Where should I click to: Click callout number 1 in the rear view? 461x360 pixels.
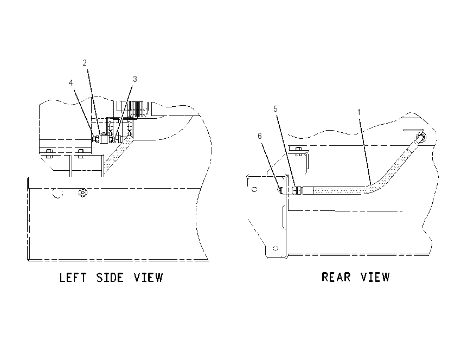tap(358, 112)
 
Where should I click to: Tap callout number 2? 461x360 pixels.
tap(85, 63)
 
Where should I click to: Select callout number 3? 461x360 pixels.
tap(135, 79)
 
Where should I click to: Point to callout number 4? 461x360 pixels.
tap(71, 83)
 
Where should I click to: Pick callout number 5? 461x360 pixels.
tap(275, 109)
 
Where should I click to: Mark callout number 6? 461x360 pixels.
tap(260, 136)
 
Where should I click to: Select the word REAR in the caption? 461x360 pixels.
tap(336, 277)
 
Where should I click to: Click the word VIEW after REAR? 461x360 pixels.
tap(375, 277)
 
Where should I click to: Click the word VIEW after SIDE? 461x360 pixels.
tap(148, 278)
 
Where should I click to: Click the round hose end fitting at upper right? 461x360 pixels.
tap(421, 137)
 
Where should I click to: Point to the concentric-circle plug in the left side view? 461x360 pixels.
tap(83, 193)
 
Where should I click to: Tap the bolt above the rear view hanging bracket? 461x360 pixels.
tap(298, 151)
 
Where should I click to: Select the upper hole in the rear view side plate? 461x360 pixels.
tap(254, 190)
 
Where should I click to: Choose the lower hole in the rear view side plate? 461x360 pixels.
tap(276, 248)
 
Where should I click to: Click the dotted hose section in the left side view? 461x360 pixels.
tap(118, 153)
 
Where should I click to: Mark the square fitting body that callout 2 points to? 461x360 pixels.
tap(105, 139)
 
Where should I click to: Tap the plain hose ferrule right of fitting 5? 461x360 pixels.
tap(308, 190)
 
